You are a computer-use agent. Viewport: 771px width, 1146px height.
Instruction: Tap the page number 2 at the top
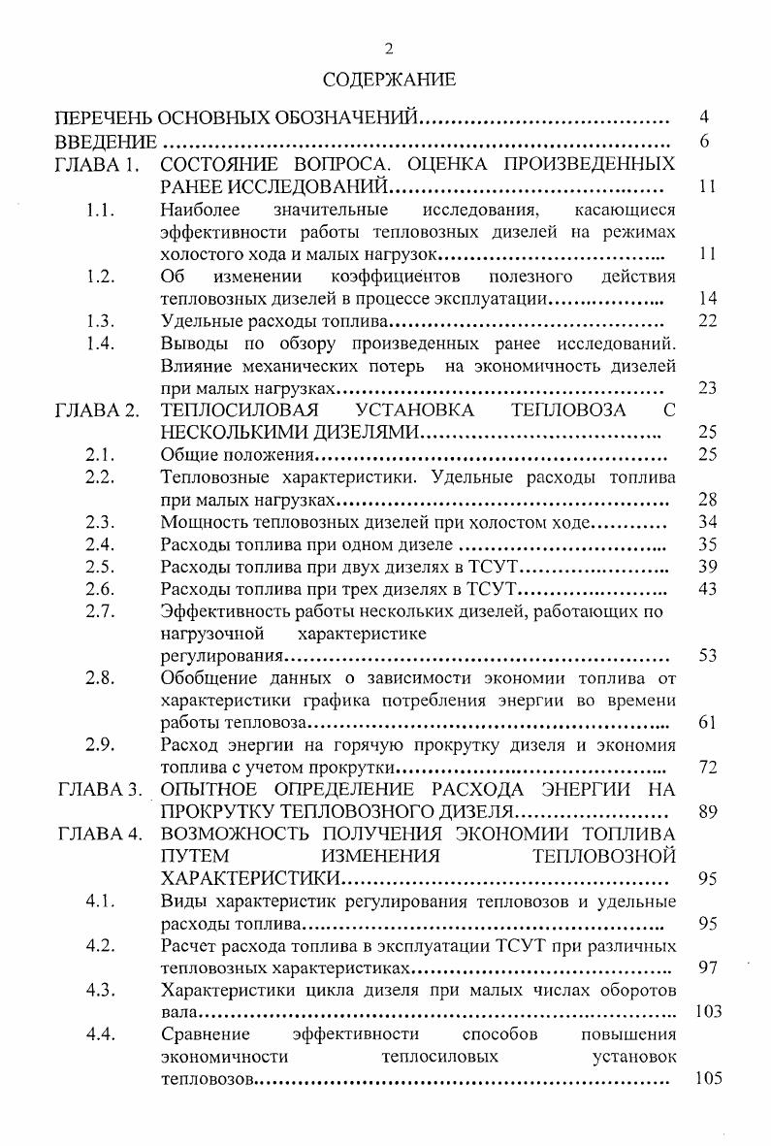tap(389, 49)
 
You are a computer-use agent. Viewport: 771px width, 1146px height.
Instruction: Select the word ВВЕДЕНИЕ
tap(105, 142)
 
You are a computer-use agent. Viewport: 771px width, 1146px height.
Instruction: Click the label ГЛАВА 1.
tap(99, 163)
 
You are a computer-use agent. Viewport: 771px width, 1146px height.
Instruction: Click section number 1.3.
tap(101, 320)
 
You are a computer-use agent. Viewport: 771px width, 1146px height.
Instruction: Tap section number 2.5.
tap(101, 567)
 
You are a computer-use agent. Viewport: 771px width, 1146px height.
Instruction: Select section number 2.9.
tap(101, 745)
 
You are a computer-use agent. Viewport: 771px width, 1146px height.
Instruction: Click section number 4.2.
tap(101, 946)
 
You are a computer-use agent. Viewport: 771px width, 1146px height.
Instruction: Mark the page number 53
tap(707, 656)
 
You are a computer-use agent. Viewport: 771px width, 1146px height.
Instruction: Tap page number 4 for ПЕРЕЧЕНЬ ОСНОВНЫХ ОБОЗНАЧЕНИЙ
tap(706, 118)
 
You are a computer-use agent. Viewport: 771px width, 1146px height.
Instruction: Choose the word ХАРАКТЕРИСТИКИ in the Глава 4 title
tap(251, 879)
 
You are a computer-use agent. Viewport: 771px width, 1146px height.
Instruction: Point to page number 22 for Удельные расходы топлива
tap(707, 320)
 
